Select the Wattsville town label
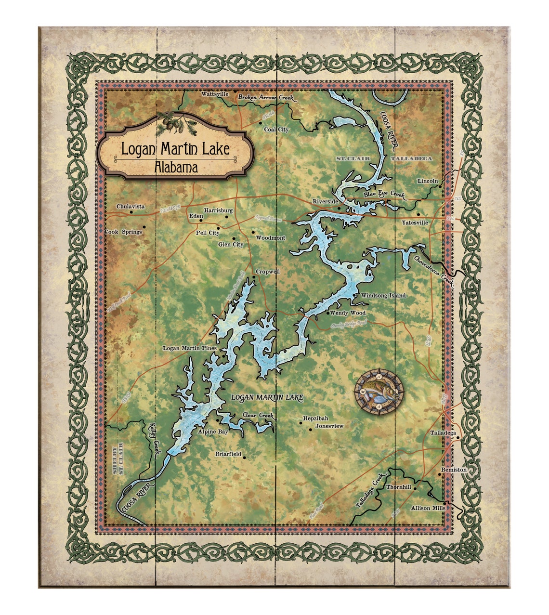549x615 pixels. pos(215,94)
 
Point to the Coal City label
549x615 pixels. pos(276,130)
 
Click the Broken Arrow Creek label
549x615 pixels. pos(266,98)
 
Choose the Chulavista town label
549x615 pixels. pos(130,207)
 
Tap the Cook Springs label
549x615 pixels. pos(123,232)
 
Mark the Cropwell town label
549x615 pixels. pos(267,272)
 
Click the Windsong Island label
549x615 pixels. pos(383,295)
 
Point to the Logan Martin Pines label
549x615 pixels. pos(190,348)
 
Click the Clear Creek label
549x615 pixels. pos(258,415)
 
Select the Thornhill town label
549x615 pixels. pos(399,487)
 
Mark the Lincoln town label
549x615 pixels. pos(428,181)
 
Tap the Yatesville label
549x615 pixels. pos(415,223)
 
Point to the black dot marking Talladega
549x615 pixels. pos(458,438)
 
